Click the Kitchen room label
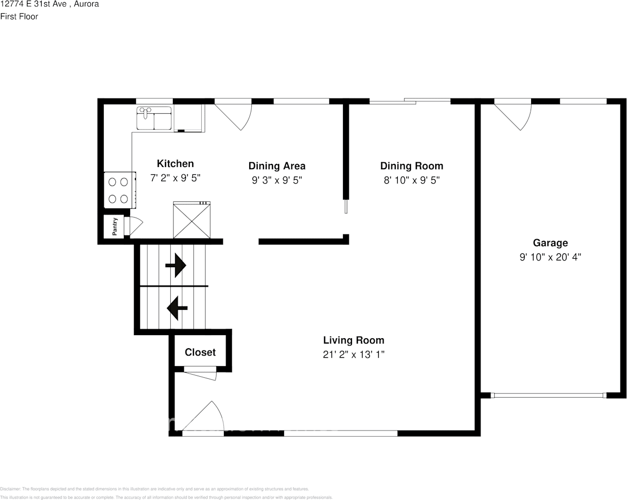175,164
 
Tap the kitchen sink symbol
154,118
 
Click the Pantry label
114,227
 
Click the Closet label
200,352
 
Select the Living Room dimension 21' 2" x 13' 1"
354,355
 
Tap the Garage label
550,243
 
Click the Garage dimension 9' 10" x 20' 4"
550,257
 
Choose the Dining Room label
412,166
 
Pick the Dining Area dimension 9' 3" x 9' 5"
277,180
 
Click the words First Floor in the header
19,16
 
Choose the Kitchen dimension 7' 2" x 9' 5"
175,179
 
